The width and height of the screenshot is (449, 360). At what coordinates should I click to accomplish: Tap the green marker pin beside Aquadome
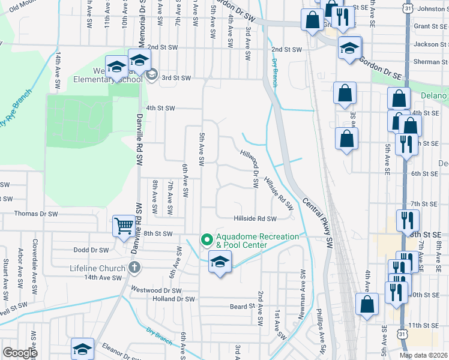pyautogui.click(x=207, y=240)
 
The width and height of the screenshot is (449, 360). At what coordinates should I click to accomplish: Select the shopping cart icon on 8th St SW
pyautogui.click(x=124, y=226)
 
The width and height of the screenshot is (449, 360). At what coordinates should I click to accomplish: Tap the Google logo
pyautogui.click(x=20, y=353)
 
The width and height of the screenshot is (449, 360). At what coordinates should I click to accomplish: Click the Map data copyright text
pyautogui.click(x=424, y=355)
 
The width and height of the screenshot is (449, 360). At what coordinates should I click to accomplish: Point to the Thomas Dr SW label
pyautogui.click(x=35, y=214)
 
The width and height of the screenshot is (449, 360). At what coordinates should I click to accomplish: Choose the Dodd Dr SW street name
pyautogui.click(x=91, y=250)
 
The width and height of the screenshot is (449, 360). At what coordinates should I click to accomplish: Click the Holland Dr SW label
pyautogui.click(x=174, y=299)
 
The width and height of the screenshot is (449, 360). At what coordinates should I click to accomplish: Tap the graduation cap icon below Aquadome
pyautogui.click(x=220, y=262)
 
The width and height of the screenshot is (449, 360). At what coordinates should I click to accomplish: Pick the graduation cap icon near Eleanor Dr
pyautogui.click(x=82, y=349)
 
